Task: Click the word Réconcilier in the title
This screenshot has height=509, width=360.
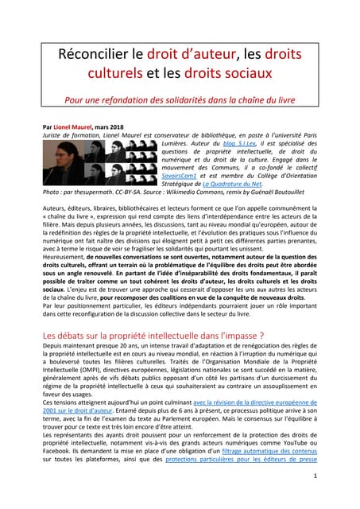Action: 97,56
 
